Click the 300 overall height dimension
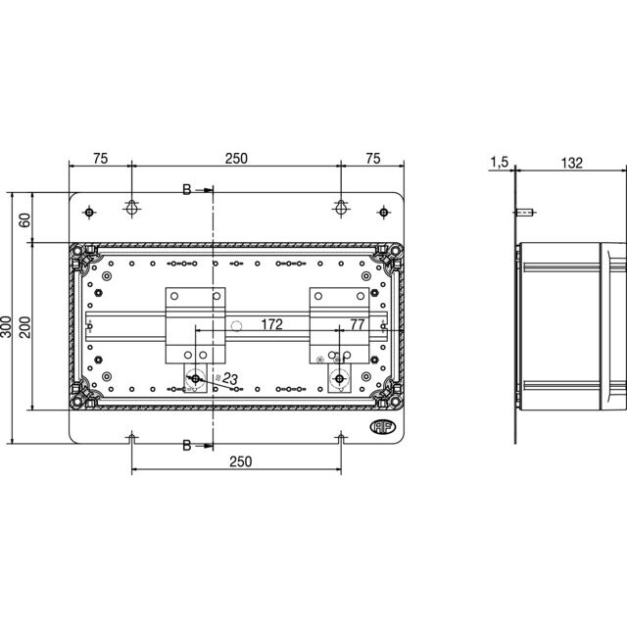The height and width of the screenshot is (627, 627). pos(6,326)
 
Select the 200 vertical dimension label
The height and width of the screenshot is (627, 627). pos(24,327)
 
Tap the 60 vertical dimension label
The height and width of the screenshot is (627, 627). pos(24,220)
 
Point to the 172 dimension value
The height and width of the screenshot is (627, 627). pos(272,324)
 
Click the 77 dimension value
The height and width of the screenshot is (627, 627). pos(357,324)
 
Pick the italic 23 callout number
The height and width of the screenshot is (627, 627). pos(230,378)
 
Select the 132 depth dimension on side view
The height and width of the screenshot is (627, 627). pos(571,164)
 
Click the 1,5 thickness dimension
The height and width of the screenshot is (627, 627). pos(499,162)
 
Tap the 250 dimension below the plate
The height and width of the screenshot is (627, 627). pos(240,461)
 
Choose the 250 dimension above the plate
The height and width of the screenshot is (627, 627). pos(236,159)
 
